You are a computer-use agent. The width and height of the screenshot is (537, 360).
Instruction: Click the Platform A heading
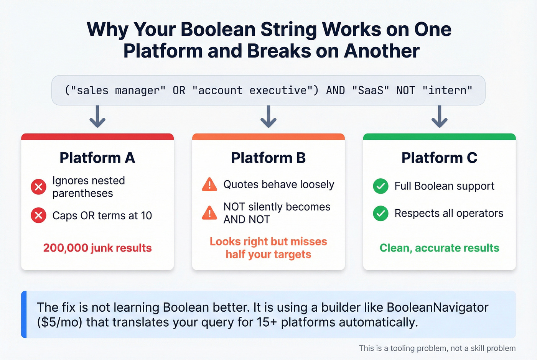coord(97,158)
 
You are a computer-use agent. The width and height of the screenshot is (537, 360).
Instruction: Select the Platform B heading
coord(268,158)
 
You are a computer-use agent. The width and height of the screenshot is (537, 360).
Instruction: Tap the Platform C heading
coord(439,158)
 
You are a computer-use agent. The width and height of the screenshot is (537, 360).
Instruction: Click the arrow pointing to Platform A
coord(97,117)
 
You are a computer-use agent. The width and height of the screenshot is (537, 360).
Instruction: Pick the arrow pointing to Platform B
coord(268,117)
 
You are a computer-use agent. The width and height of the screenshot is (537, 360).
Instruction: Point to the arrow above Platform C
coord(439,117)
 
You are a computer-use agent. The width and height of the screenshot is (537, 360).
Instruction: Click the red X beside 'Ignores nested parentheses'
coord(38,187)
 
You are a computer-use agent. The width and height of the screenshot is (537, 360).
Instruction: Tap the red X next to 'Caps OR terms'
coord(38,215)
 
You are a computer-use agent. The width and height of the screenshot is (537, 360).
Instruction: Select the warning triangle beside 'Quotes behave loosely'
coord(209,185)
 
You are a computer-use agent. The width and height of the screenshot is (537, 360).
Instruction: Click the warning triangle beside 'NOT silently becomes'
coord(209,213)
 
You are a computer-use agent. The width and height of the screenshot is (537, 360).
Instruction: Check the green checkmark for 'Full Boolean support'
coord(381,186)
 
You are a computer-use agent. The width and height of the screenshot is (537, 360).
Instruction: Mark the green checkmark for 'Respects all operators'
coord(381,213)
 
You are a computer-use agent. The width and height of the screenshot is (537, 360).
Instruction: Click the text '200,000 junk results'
coord(97,248)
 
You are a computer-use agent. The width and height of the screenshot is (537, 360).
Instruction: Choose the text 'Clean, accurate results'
coord(439,248)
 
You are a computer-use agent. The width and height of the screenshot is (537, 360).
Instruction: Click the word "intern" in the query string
coord(447,90)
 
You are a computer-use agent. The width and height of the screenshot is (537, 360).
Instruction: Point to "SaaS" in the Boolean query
coord(371,90)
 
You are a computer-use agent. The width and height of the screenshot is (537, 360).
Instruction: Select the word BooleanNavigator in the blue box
coord(437,307)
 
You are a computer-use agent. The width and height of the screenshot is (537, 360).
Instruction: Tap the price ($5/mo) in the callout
coord(60,322)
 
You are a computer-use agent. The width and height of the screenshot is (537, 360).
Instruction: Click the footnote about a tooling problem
coord(437,348)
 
